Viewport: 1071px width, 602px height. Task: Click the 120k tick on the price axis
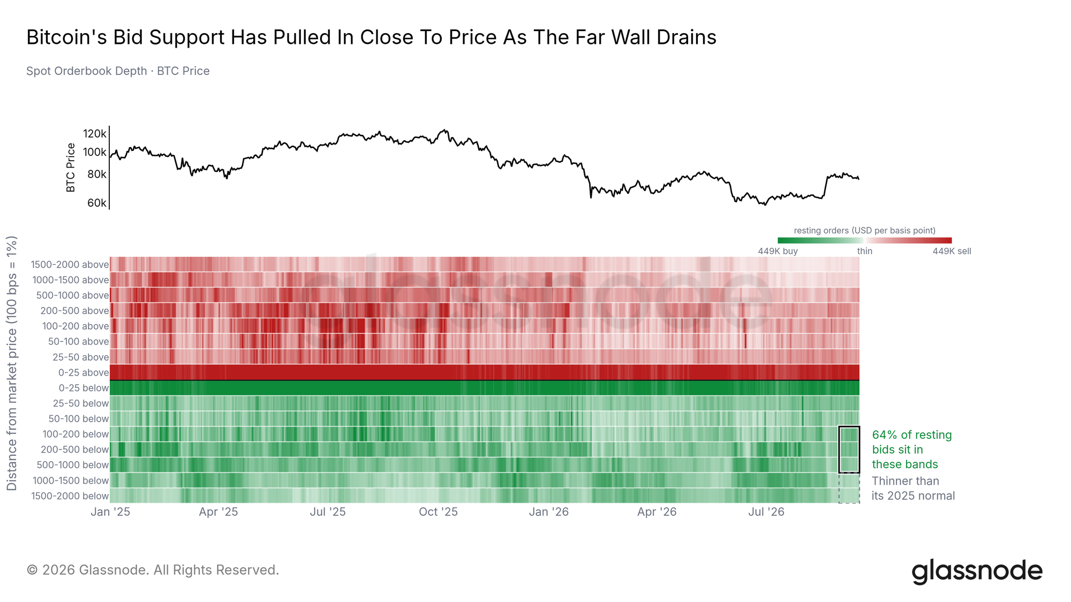click(95, 134)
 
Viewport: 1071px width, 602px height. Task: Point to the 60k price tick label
click(97, 203)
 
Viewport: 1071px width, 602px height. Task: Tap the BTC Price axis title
click(71, 167)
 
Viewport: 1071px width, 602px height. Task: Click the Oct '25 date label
click(438, 512)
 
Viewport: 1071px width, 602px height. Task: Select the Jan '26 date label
click(548, 512)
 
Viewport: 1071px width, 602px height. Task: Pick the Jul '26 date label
click(766, 512)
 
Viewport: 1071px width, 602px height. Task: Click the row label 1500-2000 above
click(70, 264)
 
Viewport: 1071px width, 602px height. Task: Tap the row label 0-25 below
click(84, 388)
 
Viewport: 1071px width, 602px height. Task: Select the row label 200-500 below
click(74, 449)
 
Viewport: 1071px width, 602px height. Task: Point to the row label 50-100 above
click(78, 341)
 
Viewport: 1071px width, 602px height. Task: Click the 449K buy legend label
click(778, 252)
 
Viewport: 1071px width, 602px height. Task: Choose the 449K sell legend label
click(952, 252)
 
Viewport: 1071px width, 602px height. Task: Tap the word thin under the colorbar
click(864, 252)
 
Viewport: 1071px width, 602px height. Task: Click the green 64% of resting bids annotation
click(912, 449)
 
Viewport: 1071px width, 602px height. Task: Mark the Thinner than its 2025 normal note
click(913, 489)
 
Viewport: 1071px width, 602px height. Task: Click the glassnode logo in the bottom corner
click(977, 571)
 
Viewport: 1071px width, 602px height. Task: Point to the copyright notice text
click(153, 570)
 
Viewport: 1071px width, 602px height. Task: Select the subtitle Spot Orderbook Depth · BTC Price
click(118, 71)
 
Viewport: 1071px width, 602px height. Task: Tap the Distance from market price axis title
click(12, 363)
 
